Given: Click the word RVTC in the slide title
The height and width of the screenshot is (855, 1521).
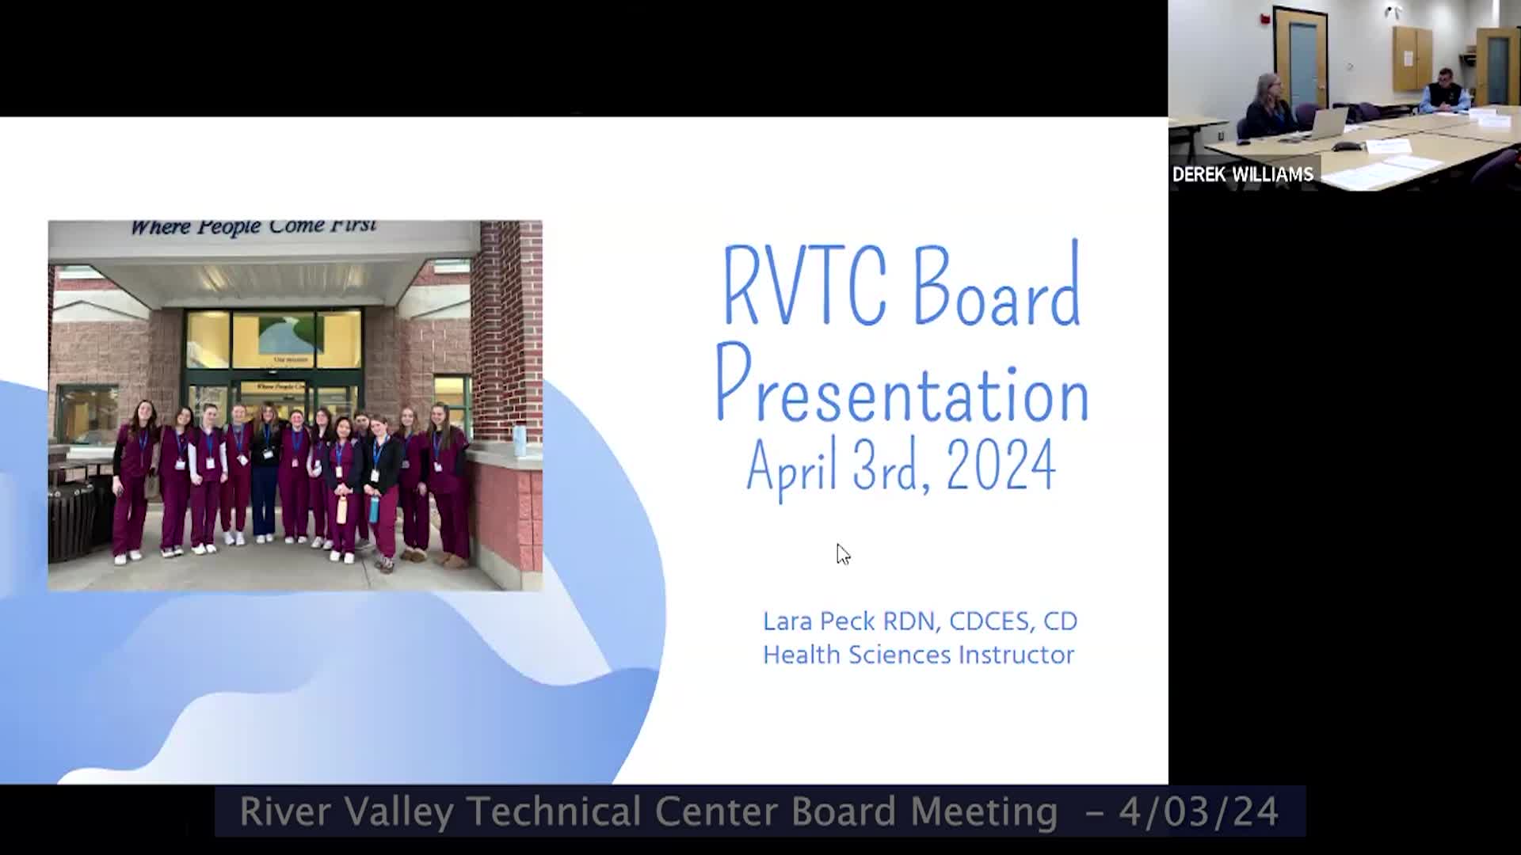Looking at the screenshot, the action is (804, 286).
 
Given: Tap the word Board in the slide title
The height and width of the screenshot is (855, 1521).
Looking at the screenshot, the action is (998, 284).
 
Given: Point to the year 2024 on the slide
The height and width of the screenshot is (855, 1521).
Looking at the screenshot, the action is (1001, 465).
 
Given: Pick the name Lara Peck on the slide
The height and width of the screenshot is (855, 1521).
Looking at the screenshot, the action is (819, 621).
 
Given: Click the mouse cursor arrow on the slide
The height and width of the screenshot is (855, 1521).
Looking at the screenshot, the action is (843, 554).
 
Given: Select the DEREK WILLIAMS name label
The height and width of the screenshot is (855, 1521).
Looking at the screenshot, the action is (1242, 174).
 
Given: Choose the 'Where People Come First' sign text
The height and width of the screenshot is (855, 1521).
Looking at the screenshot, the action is (253, 227).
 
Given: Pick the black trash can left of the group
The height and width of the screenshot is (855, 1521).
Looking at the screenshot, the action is (71, 519).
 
